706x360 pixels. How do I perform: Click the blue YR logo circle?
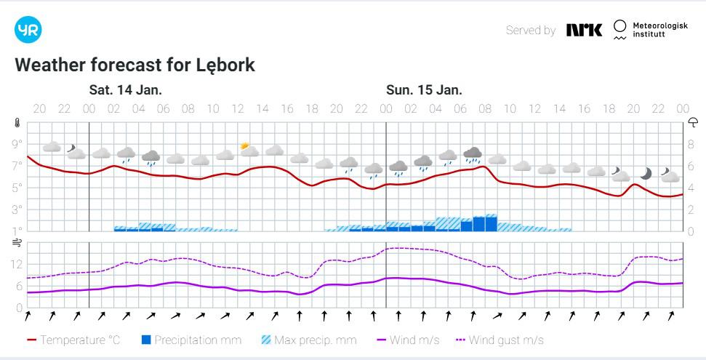pos(28,30)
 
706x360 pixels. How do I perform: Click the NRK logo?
pos(584,30)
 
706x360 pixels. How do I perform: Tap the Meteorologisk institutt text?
pos(659,31)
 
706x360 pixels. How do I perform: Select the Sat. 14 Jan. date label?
pos(126,90)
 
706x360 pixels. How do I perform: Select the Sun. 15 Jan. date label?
pos(424,90)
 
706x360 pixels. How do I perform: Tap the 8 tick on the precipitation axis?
pos(692,144)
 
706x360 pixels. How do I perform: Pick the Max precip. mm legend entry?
pos(308,340)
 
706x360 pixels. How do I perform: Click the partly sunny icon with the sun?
pos(249,151)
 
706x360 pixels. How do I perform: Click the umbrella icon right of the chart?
pos(693,122)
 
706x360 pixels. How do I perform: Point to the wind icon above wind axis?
pos(17,244)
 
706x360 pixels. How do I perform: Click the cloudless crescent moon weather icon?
pos(646,173)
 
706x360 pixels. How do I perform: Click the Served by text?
pos(530,31)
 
